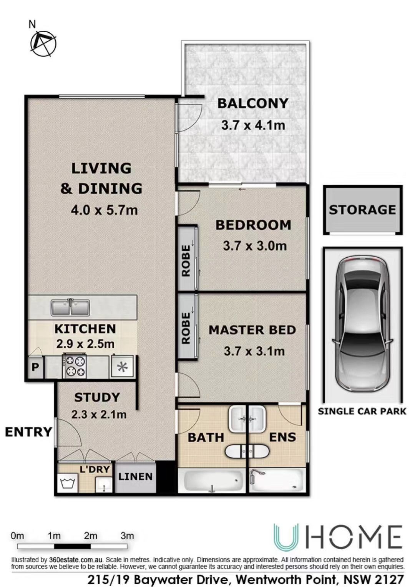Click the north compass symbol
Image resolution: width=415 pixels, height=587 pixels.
click(43, 43)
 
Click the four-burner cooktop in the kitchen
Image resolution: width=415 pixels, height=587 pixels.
click(74, 365)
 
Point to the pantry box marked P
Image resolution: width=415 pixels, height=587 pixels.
click(35, 367)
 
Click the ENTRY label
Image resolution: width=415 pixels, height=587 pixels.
click(29, 432)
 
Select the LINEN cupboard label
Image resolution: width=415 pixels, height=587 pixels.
click(135, 476)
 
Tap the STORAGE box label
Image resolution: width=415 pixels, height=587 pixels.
click(362, 210)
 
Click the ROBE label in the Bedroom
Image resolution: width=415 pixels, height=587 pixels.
click(186, 260)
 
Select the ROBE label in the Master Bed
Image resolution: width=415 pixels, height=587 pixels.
click(186, 328)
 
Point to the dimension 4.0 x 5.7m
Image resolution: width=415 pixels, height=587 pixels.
click(104, 210)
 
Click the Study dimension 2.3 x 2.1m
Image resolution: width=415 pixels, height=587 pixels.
click(99, 414)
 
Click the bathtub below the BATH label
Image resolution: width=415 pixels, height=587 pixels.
click(212, 481)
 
